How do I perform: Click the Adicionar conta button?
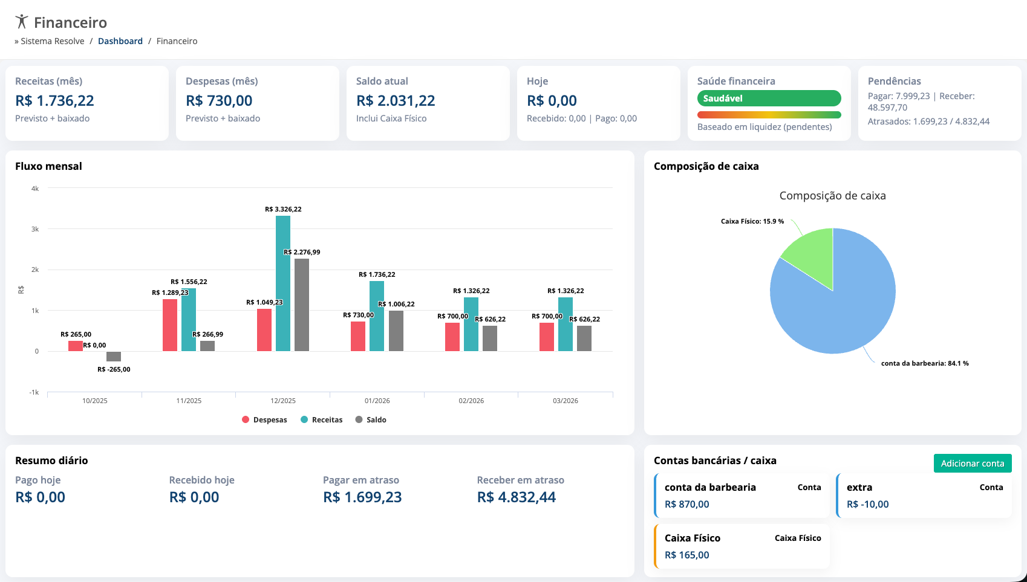tap(972, 464)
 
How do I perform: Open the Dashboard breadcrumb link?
tap(120, 41)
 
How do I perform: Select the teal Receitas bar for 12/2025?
tap(283, 283)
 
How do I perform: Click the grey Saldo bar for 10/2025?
tap(114, 357)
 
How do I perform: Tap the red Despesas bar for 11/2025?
tap(170, 325)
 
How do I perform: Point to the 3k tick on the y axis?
tap(35, 229)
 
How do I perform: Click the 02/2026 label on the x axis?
tap(471, 401)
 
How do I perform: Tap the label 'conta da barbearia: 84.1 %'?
tap(924, 363)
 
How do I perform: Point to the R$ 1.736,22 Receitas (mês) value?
tap(54, 100)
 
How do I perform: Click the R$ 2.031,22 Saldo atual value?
tap(396, 100)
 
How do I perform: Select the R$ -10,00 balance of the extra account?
tap(867, 504)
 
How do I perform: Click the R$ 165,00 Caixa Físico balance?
tap(686, 555)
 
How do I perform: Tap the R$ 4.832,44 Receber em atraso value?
tap(516, 497)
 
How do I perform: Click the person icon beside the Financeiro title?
tap(22, 22)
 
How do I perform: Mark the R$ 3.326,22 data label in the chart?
tap(283, 209)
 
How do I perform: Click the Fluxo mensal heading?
tap(48, 166)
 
